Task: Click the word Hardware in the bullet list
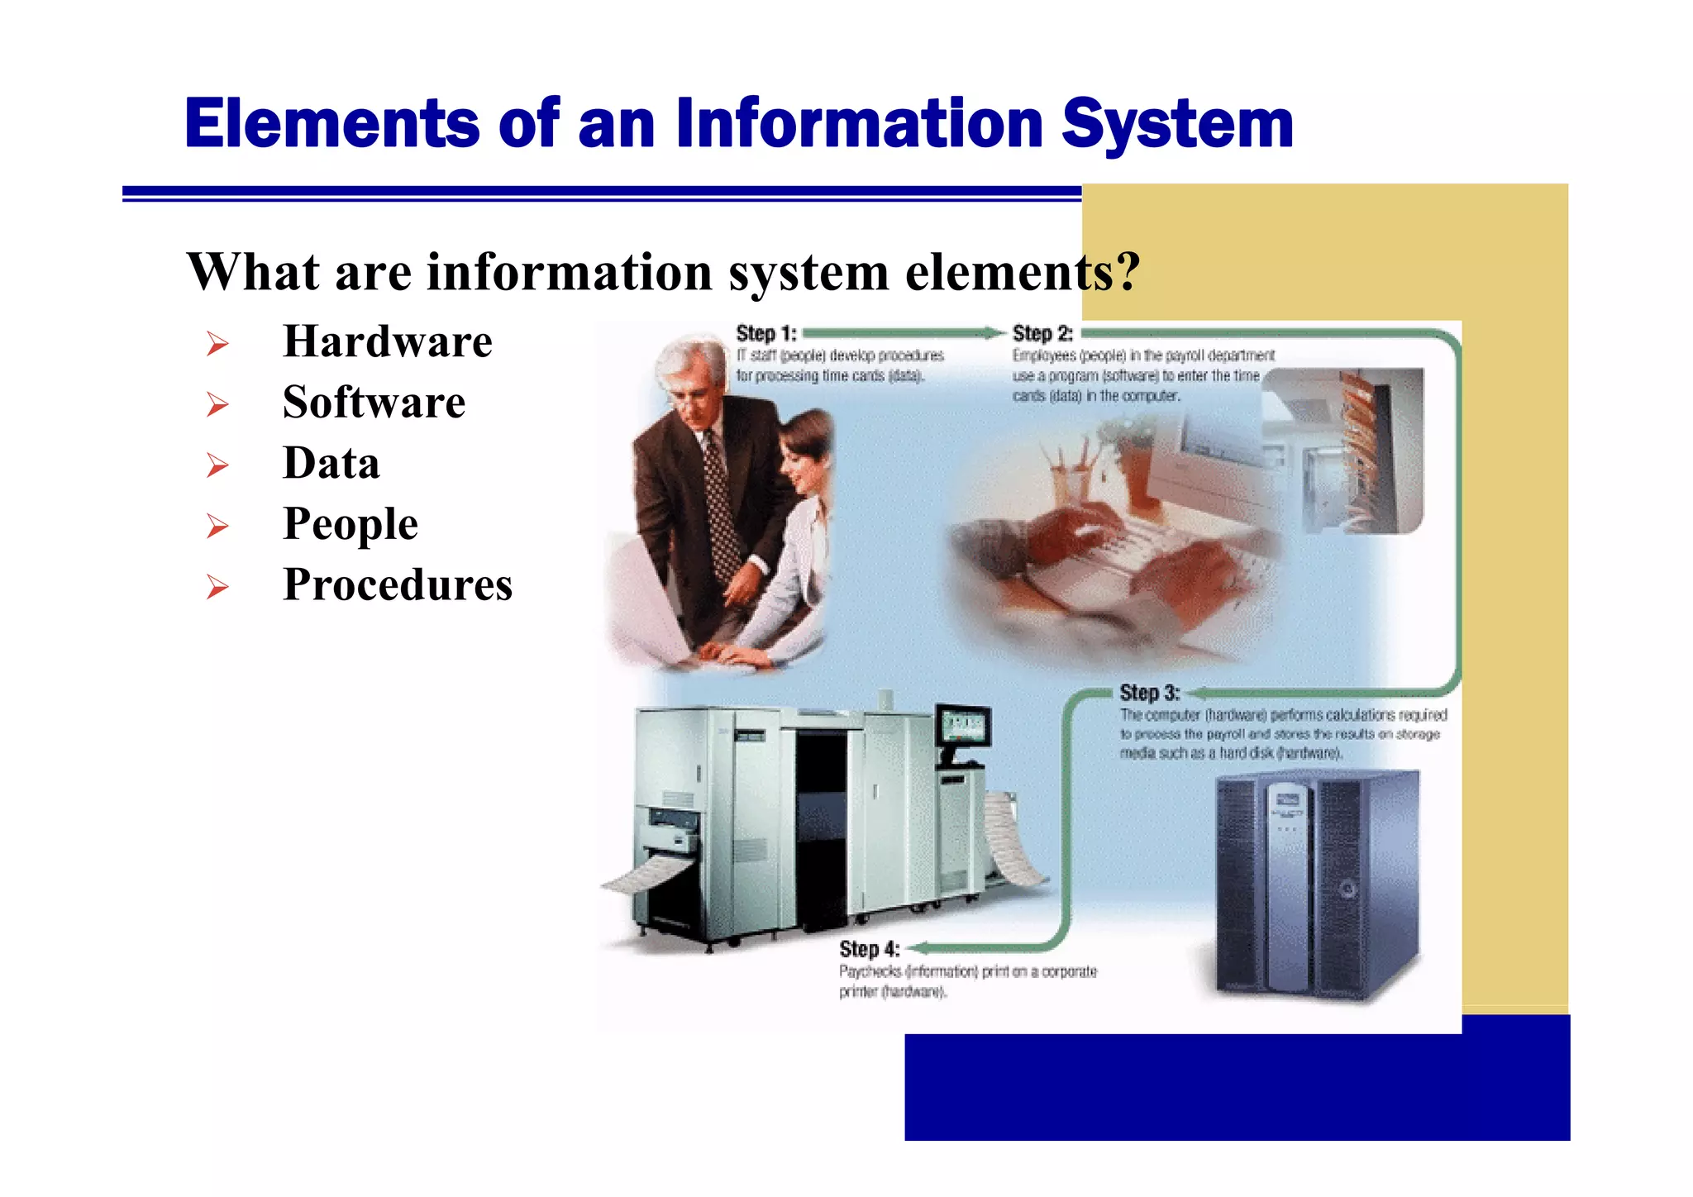(x=387, y=341)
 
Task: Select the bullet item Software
(x=374, y=403)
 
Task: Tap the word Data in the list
(x=331, y=463)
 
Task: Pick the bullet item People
(x=350, y=524)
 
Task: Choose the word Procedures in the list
(x=397, y=585)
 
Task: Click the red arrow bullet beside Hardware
(x=217, y=343)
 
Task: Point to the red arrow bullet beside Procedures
(x=217, y=587)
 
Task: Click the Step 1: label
(x=765, y=334)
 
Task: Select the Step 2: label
(x=1042, y=334)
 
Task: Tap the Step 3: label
(x=1149, y=693)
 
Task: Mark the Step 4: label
(x=869, y=949)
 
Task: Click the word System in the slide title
(x=1177, y=124)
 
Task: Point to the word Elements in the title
(x=331, y=124)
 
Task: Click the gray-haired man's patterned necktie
(x=721, y=504)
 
